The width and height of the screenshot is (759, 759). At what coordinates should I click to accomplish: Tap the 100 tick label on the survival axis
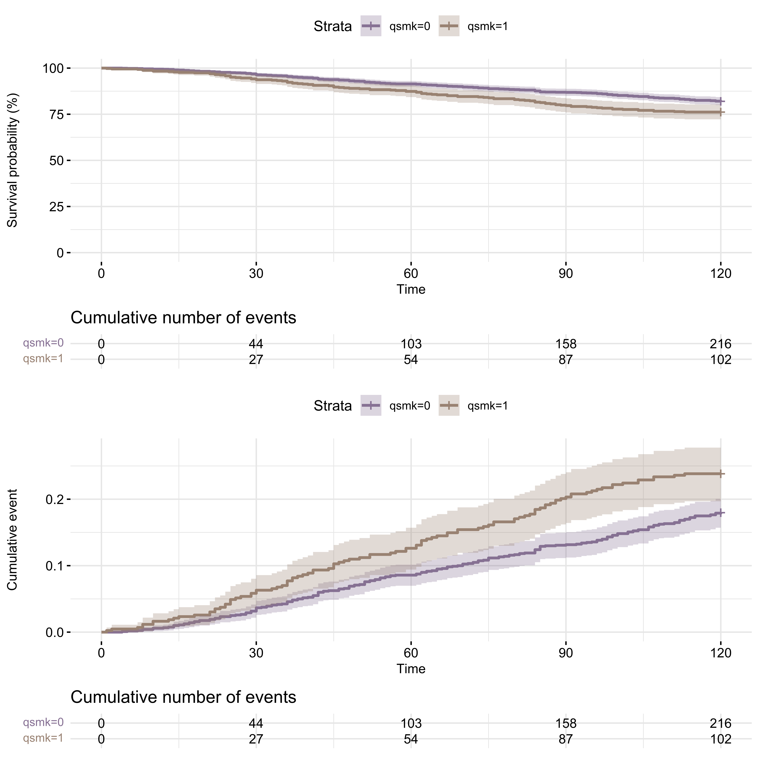point(53,68)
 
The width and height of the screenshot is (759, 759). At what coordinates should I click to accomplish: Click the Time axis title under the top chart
point(411,290)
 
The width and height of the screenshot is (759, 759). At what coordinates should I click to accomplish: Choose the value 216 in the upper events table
point(721,344)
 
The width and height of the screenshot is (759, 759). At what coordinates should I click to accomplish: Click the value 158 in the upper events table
point(566,344)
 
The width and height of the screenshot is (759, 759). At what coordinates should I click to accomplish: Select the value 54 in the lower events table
point(411,739)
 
